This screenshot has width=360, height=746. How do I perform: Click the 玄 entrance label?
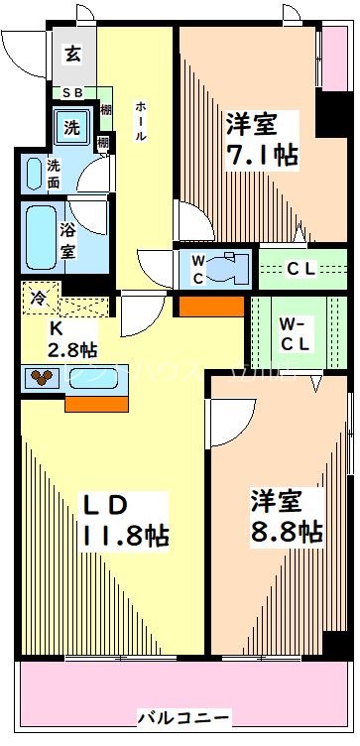(x=74, y=55)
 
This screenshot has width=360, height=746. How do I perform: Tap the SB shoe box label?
(x=74, y=93)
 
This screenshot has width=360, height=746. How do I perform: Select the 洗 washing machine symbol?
(x=73, y=126)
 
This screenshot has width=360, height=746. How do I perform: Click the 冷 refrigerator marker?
(x=39, y=296)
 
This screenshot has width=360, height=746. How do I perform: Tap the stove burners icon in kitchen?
(x=43, y=377)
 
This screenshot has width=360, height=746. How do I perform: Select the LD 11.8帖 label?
(x=124, y=521)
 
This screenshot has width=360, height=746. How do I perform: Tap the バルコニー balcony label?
(x=183, y=716)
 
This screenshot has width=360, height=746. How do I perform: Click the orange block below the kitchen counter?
(x=96, y=402)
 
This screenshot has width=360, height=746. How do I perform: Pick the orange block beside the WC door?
(x=210, y=306)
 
